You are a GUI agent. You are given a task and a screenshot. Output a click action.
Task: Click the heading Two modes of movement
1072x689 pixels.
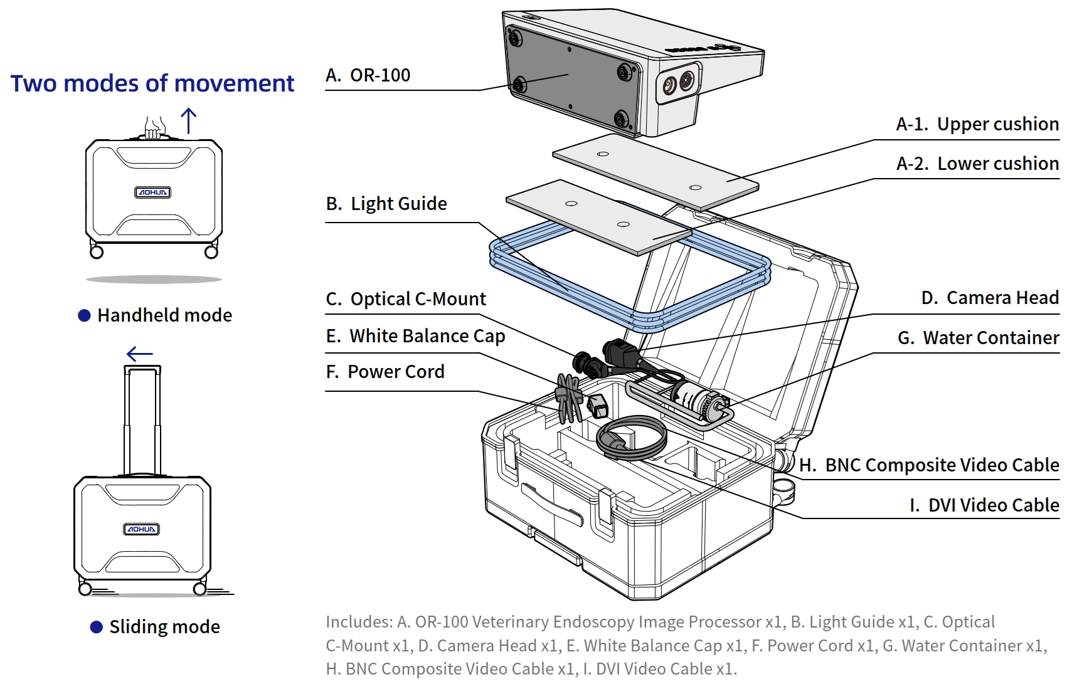coord(152,83)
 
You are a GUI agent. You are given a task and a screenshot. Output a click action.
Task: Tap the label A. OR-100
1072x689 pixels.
coord(368,75)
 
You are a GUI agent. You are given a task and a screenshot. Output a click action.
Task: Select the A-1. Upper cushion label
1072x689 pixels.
coord(977,124)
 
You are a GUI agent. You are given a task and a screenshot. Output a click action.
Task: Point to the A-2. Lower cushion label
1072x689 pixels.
coord(977,164)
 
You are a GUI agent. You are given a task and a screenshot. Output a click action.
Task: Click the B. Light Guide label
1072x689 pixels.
coord(386,204)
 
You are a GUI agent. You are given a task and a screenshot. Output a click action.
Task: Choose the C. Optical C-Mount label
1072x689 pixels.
coord(406,299)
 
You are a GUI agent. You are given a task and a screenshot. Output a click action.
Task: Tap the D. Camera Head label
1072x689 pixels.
coord(990,298)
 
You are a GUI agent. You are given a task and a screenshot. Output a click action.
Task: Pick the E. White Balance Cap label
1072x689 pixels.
coord(415,336)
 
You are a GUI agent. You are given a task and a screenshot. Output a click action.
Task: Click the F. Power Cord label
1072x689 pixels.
coord(385,372)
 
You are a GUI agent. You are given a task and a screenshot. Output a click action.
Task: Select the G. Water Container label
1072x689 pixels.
coord(978,338)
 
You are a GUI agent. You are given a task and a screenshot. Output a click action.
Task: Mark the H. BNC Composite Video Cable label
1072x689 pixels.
coord(929,465)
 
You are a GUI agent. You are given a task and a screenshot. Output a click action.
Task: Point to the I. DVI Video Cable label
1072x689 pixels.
coord(984,505)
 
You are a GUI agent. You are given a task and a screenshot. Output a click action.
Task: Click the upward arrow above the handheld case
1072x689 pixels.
coord(189,120)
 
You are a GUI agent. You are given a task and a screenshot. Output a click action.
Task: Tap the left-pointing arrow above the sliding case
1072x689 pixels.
coord(139,354)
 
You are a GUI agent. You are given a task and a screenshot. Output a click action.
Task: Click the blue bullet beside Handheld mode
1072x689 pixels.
coord(84,315)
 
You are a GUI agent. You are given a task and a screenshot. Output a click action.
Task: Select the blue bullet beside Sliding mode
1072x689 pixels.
coord(97,627)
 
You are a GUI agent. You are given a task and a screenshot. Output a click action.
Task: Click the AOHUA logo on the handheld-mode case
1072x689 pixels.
coord(153,192)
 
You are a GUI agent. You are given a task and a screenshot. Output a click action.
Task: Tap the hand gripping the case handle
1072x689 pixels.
coord(154,128)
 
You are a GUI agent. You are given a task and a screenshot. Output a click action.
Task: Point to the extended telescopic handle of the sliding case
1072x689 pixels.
coord(142,420)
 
